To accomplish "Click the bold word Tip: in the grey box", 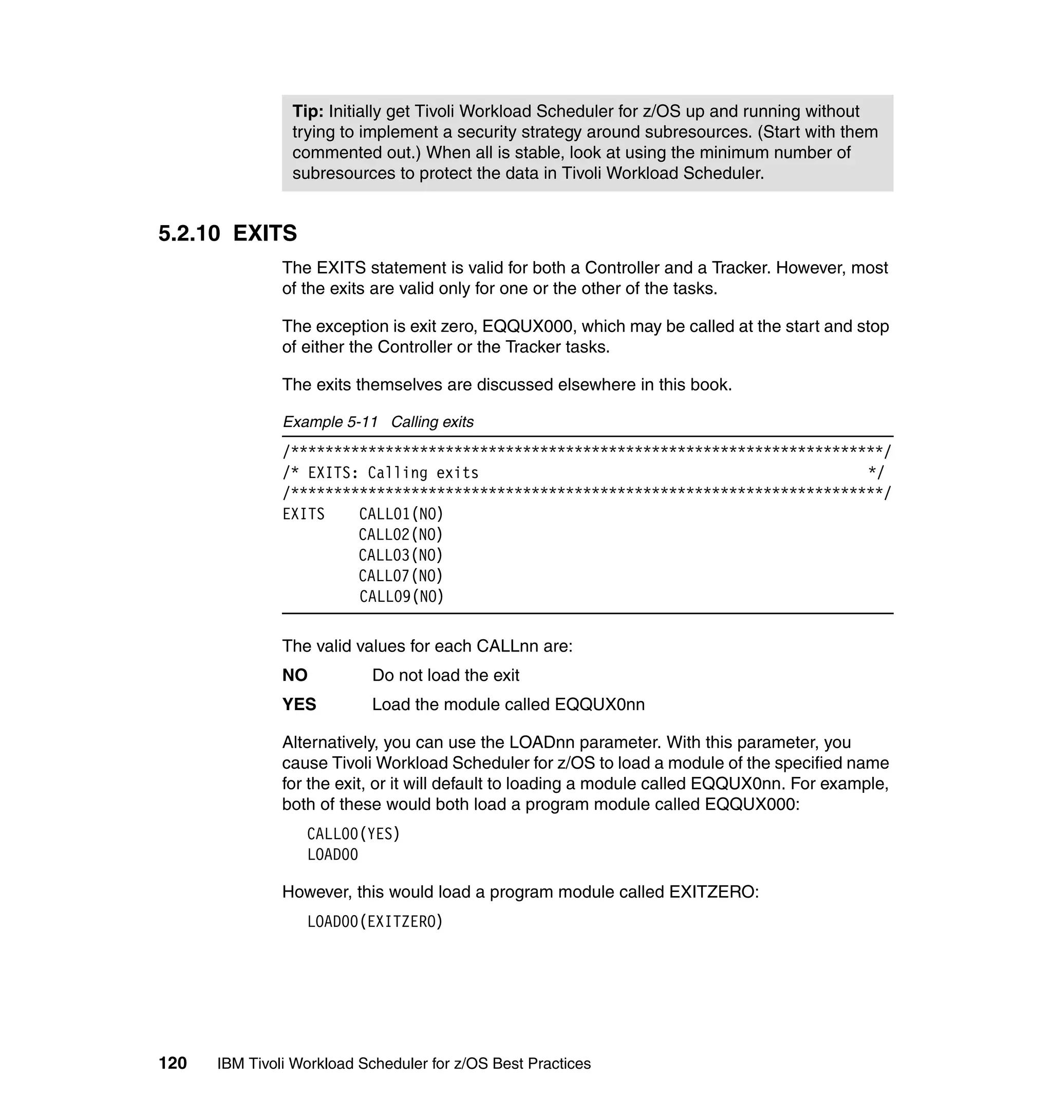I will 308,111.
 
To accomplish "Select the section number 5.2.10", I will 189,233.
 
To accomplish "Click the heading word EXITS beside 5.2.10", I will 265,233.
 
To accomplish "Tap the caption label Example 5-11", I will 330,422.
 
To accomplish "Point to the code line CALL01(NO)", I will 401,514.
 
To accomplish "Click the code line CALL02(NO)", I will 401,534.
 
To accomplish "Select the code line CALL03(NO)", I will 401,555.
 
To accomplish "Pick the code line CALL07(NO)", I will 401,576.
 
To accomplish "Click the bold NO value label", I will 295,675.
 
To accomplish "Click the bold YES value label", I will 299,704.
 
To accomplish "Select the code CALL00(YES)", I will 353,834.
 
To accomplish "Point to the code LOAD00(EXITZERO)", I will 375,922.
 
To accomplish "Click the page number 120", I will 173,1064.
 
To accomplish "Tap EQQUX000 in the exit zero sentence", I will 527,326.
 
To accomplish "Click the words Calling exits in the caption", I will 432,422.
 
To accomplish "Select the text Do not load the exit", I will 445,675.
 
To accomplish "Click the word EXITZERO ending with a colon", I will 713,892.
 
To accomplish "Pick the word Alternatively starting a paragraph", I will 330,742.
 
